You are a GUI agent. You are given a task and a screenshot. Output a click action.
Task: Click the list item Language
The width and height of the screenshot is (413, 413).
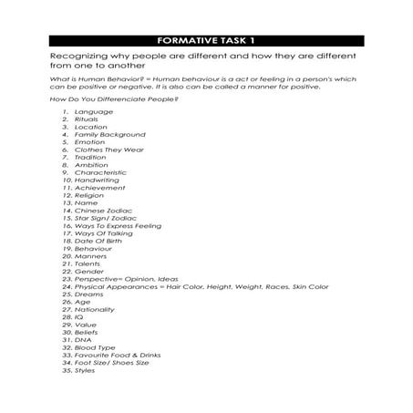[x=94, y=111]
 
